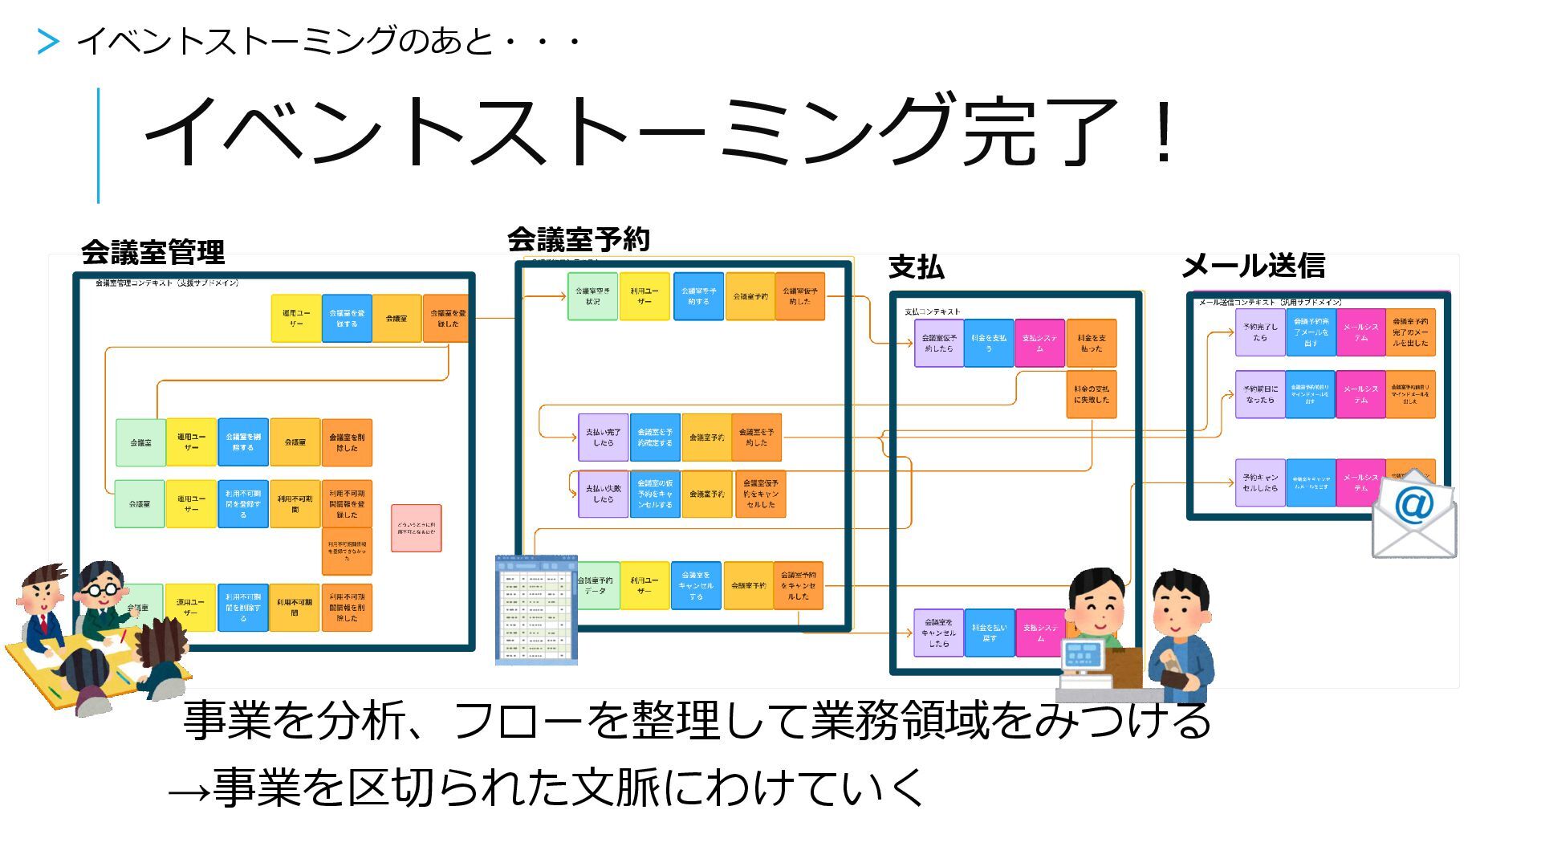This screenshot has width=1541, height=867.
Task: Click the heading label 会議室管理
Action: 152,253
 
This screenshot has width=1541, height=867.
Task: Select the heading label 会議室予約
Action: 578,239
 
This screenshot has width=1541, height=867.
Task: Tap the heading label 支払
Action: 916,267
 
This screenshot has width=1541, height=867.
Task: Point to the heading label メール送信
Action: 1253,265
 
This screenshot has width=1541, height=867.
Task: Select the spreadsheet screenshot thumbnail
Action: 536,610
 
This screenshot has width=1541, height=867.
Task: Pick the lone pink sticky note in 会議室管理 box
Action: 416,527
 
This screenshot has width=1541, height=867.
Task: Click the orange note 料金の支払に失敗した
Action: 1092,394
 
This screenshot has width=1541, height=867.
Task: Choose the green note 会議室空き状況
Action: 592,296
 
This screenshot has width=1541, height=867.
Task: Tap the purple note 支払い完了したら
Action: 603,438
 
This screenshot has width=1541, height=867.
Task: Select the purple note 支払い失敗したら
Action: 603,494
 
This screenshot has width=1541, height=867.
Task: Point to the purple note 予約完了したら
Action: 1260,332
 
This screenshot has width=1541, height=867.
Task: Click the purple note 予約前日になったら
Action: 1260,394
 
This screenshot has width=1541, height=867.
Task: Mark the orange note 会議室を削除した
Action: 347,442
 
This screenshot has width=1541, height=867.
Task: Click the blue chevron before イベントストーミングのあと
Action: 48,41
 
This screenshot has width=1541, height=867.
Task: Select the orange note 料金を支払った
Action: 1092,344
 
